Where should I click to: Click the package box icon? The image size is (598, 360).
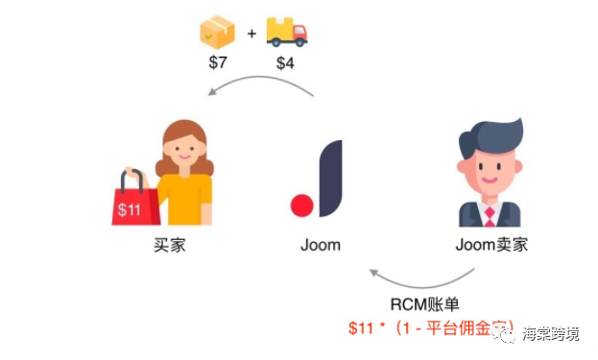pos(216,34)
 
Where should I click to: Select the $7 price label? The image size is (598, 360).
pos(218,64)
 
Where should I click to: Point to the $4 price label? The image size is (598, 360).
pos(286,64)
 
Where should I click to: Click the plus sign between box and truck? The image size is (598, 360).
pos(251,35)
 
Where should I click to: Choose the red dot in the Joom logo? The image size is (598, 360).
pos(302,205)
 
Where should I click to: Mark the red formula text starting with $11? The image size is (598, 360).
pos(432,328)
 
